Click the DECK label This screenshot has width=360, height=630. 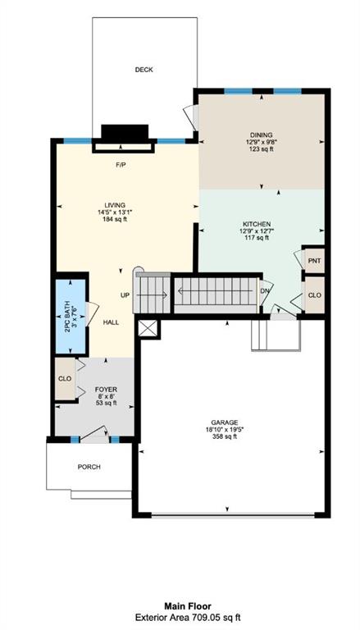[144, 70]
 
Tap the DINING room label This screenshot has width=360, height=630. [262, 135]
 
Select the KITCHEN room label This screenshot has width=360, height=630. [257, 224]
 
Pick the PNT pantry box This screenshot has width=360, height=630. [314, 260]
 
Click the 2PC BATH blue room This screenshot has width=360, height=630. [71, 316]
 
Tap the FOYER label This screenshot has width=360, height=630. [106, 390]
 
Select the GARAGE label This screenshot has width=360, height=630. [225, 422]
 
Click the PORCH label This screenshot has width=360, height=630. [89, 467]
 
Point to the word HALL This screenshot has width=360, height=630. [111, 322]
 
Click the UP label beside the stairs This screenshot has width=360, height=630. [125, 295]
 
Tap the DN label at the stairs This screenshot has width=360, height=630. [265, 291]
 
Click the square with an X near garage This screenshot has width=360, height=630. [148, 328]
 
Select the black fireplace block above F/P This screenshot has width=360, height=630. [125, 132]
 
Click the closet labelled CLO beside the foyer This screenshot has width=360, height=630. [65, 379]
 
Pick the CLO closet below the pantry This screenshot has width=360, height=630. [314, 295]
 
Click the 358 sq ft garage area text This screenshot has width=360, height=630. [225, 436]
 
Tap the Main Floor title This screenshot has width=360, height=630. [187, 606]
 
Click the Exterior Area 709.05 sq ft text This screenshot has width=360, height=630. [188, 617]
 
